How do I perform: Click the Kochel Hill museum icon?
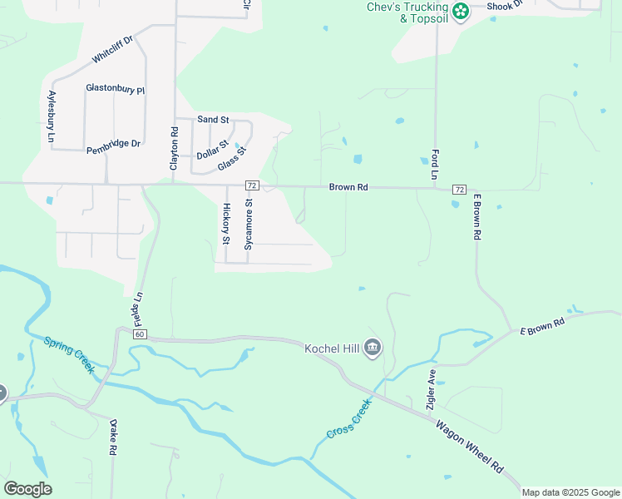(x=373, y=348)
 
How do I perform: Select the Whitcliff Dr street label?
(x=112, y=50)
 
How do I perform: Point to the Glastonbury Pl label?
(x=116, y=89)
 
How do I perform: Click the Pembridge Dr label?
(x=114, y=143)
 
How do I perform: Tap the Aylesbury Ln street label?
(x=52, y=116)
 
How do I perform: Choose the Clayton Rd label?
(x=174, y=149)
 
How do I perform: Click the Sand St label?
(x=213, y=120)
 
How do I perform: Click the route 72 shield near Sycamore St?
(x=253, y=185)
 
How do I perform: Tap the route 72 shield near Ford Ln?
(x=458, y=190)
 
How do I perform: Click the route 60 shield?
(x=139, y=334)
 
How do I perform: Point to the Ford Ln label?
(x=434, y=165)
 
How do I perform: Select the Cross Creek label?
(x=348, y=422)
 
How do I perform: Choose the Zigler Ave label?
(x=432, y=389)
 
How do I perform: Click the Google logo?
(x=27, y=489)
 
